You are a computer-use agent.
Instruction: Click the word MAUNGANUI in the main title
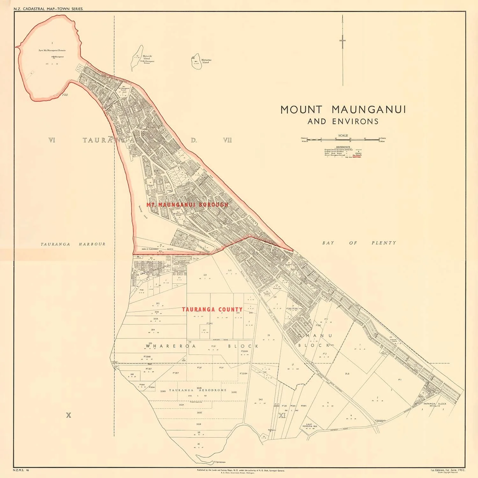pyautogui.click(x=369, y=110)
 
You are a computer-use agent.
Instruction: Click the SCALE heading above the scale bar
pyautogui.click(x=343, y=135)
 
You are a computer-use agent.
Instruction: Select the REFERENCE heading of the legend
pyautogui.click(x=343, y=147)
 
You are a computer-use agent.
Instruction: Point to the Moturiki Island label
pyautogui.click(x=147, y=57)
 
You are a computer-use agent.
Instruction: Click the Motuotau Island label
pyautogui.click(x=206, y=61)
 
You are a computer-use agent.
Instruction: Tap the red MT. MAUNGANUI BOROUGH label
pyautogui.click(x=187, y=205)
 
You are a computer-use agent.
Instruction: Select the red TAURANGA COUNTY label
pyautogui.click(x=212, y=309)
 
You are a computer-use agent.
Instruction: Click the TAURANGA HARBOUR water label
pyautogui.click(x=73, y=244)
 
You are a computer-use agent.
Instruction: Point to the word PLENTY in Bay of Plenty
pyautogui.click(x=384, y=243)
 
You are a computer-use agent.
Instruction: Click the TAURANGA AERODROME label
pyautogui.click(x=198, y=390)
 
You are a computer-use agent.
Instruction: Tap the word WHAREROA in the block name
pyautogui.click(x=166, y=346)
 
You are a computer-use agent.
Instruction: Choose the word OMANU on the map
pyautogui.click(x=315, y=336)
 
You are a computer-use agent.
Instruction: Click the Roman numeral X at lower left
pyautogui.click(x=68, y=415)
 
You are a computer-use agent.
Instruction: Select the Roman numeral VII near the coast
pyautogui.click(x=227, y=140)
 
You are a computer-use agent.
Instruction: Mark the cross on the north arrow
pyautogui.click(x=343, y=40)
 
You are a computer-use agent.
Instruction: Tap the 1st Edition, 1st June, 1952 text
pyautogui.click(x=447, y=470)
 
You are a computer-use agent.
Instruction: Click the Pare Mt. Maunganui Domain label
pyautogui.click(x=52, y=50)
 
